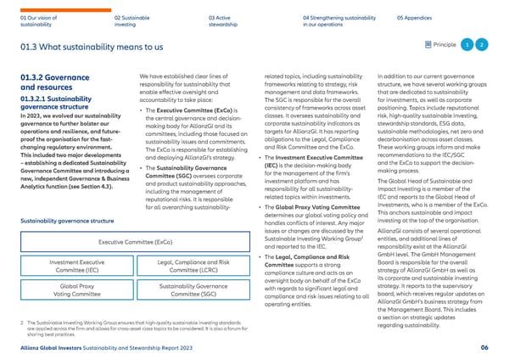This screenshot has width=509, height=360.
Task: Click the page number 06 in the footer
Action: pyautogui.click(x=483, y=346)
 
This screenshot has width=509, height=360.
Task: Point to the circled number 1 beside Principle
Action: pyautogui.click(x=467, y=44)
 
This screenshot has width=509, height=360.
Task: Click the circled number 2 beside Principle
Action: pyautogui.click(x=482, y=44)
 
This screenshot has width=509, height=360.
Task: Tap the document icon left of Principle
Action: pyautogui.click(x=426, y=44)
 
